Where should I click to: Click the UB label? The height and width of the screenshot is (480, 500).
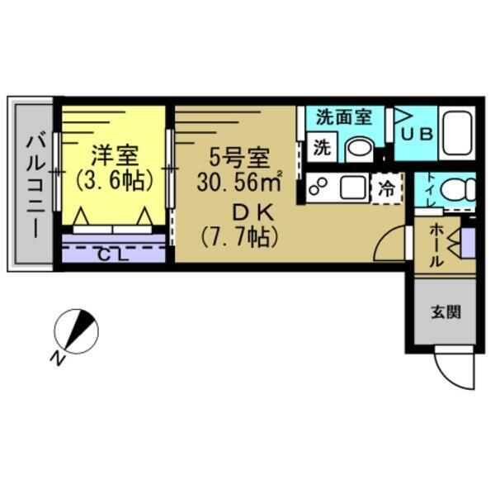[x=417, y=134]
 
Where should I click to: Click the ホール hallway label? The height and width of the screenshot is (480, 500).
[x=437, y=245]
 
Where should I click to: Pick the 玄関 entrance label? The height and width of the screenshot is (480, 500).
[x=445, y=312]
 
